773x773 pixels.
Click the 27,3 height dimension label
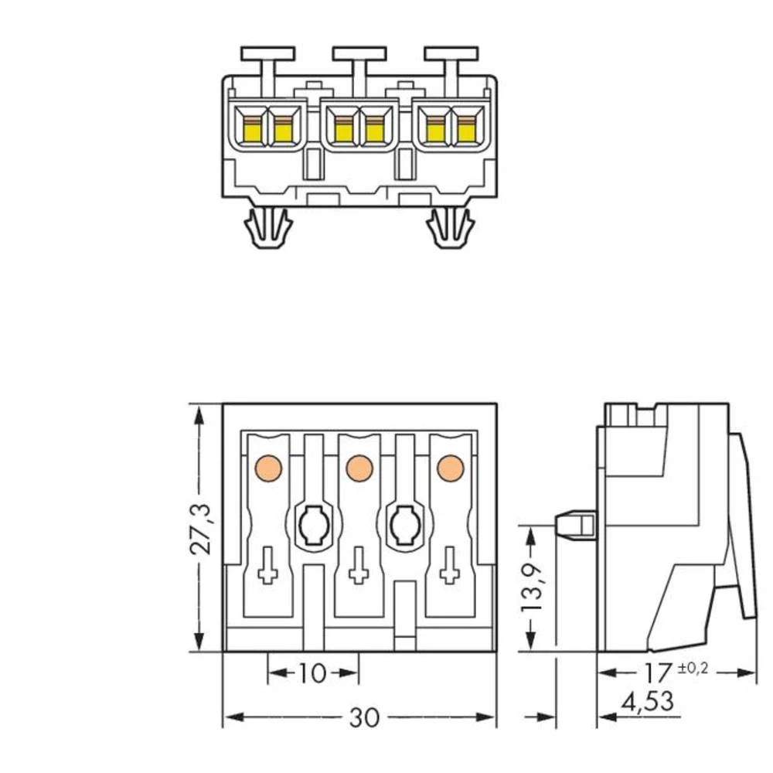[203, 527]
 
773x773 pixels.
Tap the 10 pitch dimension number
[312, 674]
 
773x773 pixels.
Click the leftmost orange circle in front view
[267, 467]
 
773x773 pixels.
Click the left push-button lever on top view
[267, 54]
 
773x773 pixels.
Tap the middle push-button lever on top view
[359, 54]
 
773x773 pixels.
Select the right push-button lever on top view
[450, 54]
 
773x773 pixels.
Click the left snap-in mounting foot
[268, 229]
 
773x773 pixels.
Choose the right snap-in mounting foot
[450, 229]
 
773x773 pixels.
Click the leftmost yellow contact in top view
[252, 131]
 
